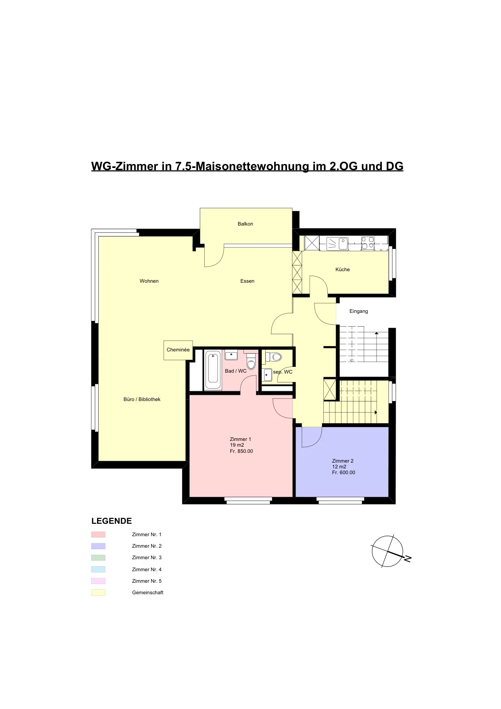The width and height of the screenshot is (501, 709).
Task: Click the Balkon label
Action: [245, 224]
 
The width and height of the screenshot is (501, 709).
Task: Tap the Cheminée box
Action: [178, 350]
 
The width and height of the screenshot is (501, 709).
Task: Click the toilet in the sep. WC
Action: [274, 357]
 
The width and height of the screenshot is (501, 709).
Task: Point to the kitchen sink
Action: [338, 244]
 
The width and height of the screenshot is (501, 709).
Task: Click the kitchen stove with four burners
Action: [368, 243]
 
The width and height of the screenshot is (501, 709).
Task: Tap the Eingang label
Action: [358, 311]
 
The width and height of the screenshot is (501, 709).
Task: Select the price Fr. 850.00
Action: [241, 451]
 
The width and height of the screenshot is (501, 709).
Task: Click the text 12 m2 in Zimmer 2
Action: [339, 467]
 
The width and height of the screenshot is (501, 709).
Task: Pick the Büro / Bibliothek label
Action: [142, 399]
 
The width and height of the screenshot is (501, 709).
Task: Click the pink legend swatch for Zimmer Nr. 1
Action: [98, 534]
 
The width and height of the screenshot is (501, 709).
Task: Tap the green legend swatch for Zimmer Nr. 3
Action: [98, 557]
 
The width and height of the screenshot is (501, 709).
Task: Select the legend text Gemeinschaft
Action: [148, 592]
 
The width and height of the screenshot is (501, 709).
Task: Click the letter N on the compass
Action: [408, 559]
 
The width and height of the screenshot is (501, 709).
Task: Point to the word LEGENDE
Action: [111, 521]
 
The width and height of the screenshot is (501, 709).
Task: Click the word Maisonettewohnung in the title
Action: [252, 166]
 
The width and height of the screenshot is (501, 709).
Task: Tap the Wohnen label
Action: [149, 281]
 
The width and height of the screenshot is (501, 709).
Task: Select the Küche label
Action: [342, 269]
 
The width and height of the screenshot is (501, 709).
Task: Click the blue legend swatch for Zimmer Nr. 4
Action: [98, 569]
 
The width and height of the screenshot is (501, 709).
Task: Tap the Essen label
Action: [247, 281]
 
